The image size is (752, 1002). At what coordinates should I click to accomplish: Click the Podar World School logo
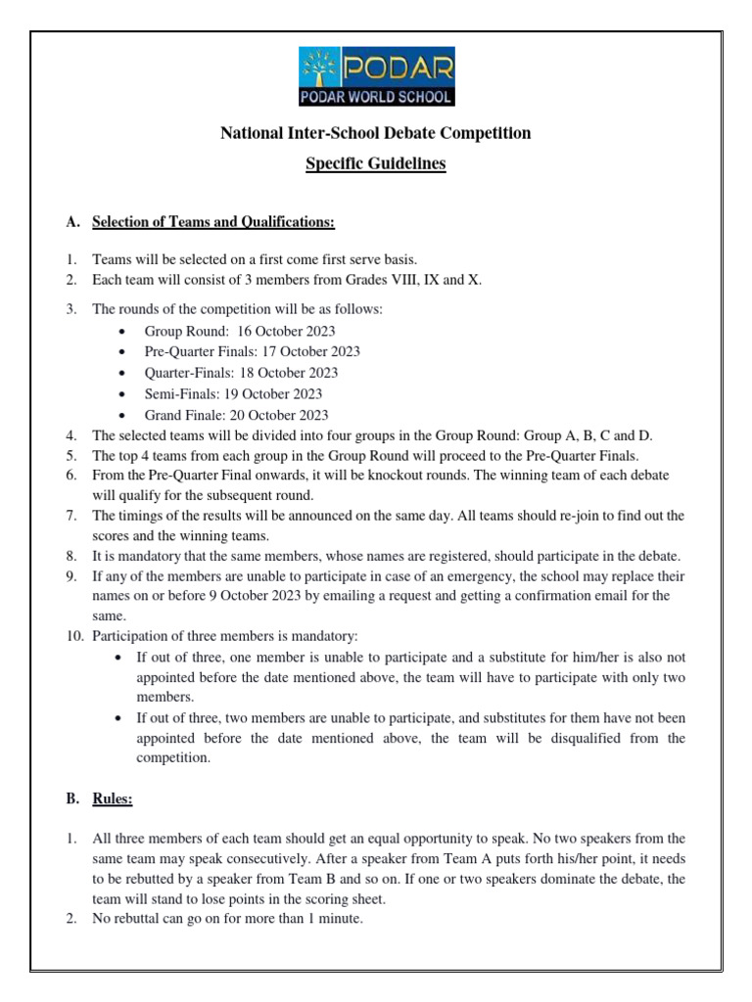376,77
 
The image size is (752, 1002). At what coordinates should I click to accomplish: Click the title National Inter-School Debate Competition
376,133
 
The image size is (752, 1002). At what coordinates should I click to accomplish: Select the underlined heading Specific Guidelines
376,164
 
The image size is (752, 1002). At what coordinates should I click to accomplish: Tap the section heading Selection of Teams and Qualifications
213,223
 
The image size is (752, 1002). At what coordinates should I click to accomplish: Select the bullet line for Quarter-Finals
241,373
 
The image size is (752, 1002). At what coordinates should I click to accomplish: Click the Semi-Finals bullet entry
233,393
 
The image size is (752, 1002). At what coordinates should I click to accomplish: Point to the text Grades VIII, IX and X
429,281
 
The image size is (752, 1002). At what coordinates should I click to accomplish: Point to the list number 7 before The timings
71,516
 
